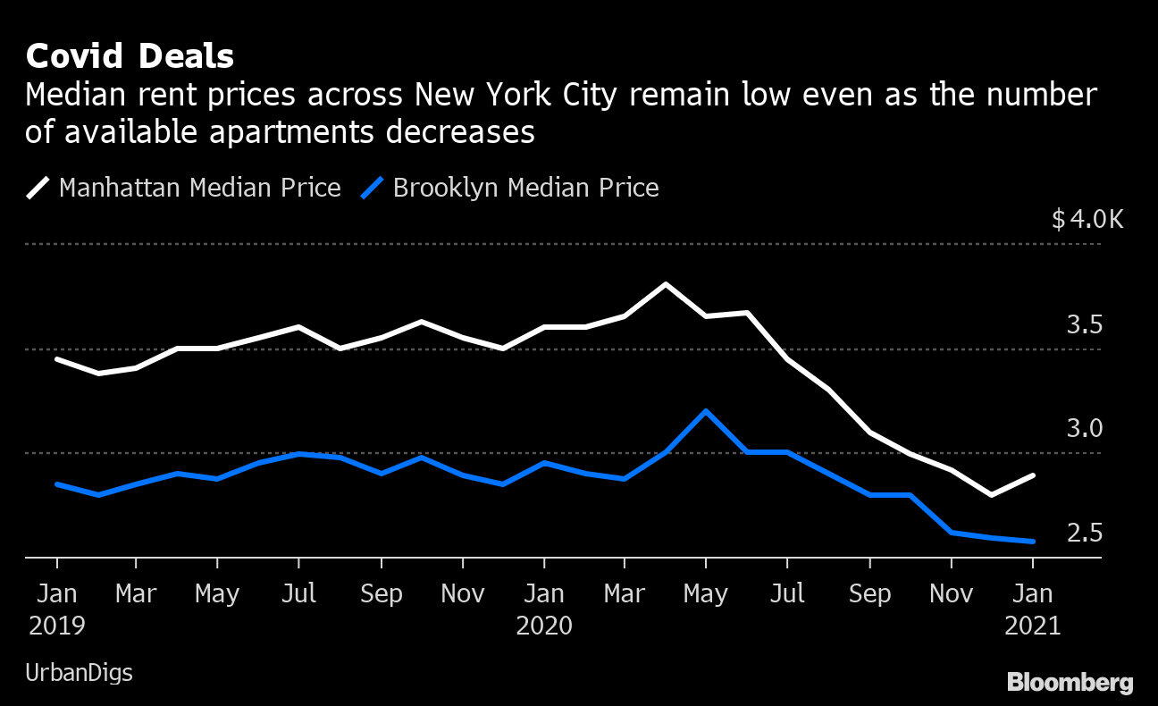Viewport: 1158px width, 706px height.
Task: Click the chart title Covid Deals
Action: coord(130,56)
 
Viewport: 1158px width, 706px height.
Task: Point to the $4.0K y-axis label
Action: coord(1087,219)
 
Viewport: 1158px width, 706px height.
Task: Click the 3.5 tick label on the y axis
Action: coord(1084,324)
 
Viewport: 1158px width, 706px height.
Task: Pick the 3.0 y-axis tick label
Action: coord(1084,429)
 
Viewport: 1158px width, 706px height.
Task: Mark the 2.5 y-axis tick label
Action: coord(1084,534)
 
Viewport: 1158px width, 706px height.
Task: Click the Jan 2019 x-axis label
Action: coord(57,609)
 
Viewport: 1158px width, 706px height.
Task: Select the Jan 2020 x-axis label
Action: coord(543,609)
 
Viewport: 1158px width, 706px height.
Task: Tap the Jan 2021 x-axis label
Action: coord(1032,609)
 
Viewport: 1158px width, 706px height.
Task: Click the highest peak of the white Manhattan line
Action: coord(665,284)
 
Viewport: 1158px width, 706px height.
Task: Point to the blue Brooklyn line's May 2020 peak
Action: coord(706,411)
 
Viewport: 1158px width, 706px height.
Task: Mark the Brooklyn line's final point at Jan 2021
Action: coord(1033,541)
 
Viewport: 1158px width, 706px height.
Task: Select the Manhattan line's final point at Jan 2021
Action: coord(1033,475)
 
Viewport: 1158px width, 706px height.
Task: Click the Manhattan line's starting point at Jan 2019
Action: coord(57,359)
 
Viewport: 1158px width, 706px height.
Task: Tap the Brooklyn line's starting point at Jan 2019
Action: coord(57,484)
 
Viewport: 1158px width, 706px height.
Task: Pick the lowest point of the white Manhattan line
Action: coord(992,494)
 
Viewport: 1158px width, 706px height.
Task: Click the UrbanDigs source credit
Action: coord(79,673)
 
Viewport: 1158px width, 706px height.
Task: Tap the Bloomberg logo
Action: coord(1070,683)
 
